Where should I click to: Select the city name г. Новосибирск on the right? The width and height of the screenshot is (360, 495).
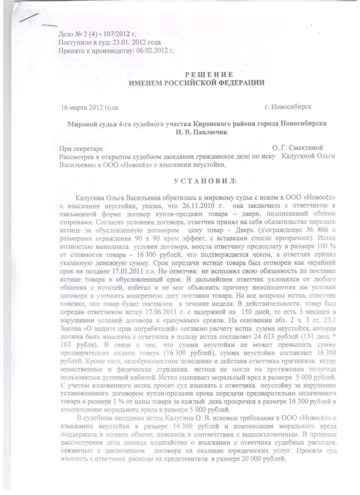tap(288, 107)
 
